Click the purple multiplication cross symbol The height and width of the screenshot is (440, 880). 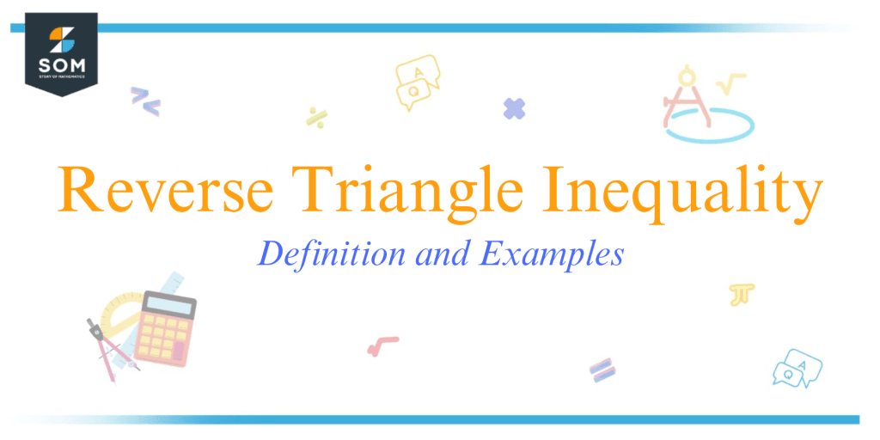pos(514,108)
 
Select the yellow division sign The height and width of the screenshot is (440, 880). pos(315,118)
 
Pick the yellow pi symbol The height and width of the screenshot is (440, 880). pos(740,294)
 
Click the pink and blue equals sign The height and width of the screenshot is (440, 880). pos(602,370)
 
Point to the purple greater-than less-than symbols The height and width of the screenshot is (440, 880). pos(144,101)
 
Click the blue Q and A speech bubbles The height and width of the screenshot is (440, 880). pos(797,368)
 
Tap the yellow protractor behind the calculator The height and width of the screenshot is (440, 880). pos(116,310)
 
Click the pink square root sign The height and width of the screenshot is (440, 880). pos(382,345)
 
